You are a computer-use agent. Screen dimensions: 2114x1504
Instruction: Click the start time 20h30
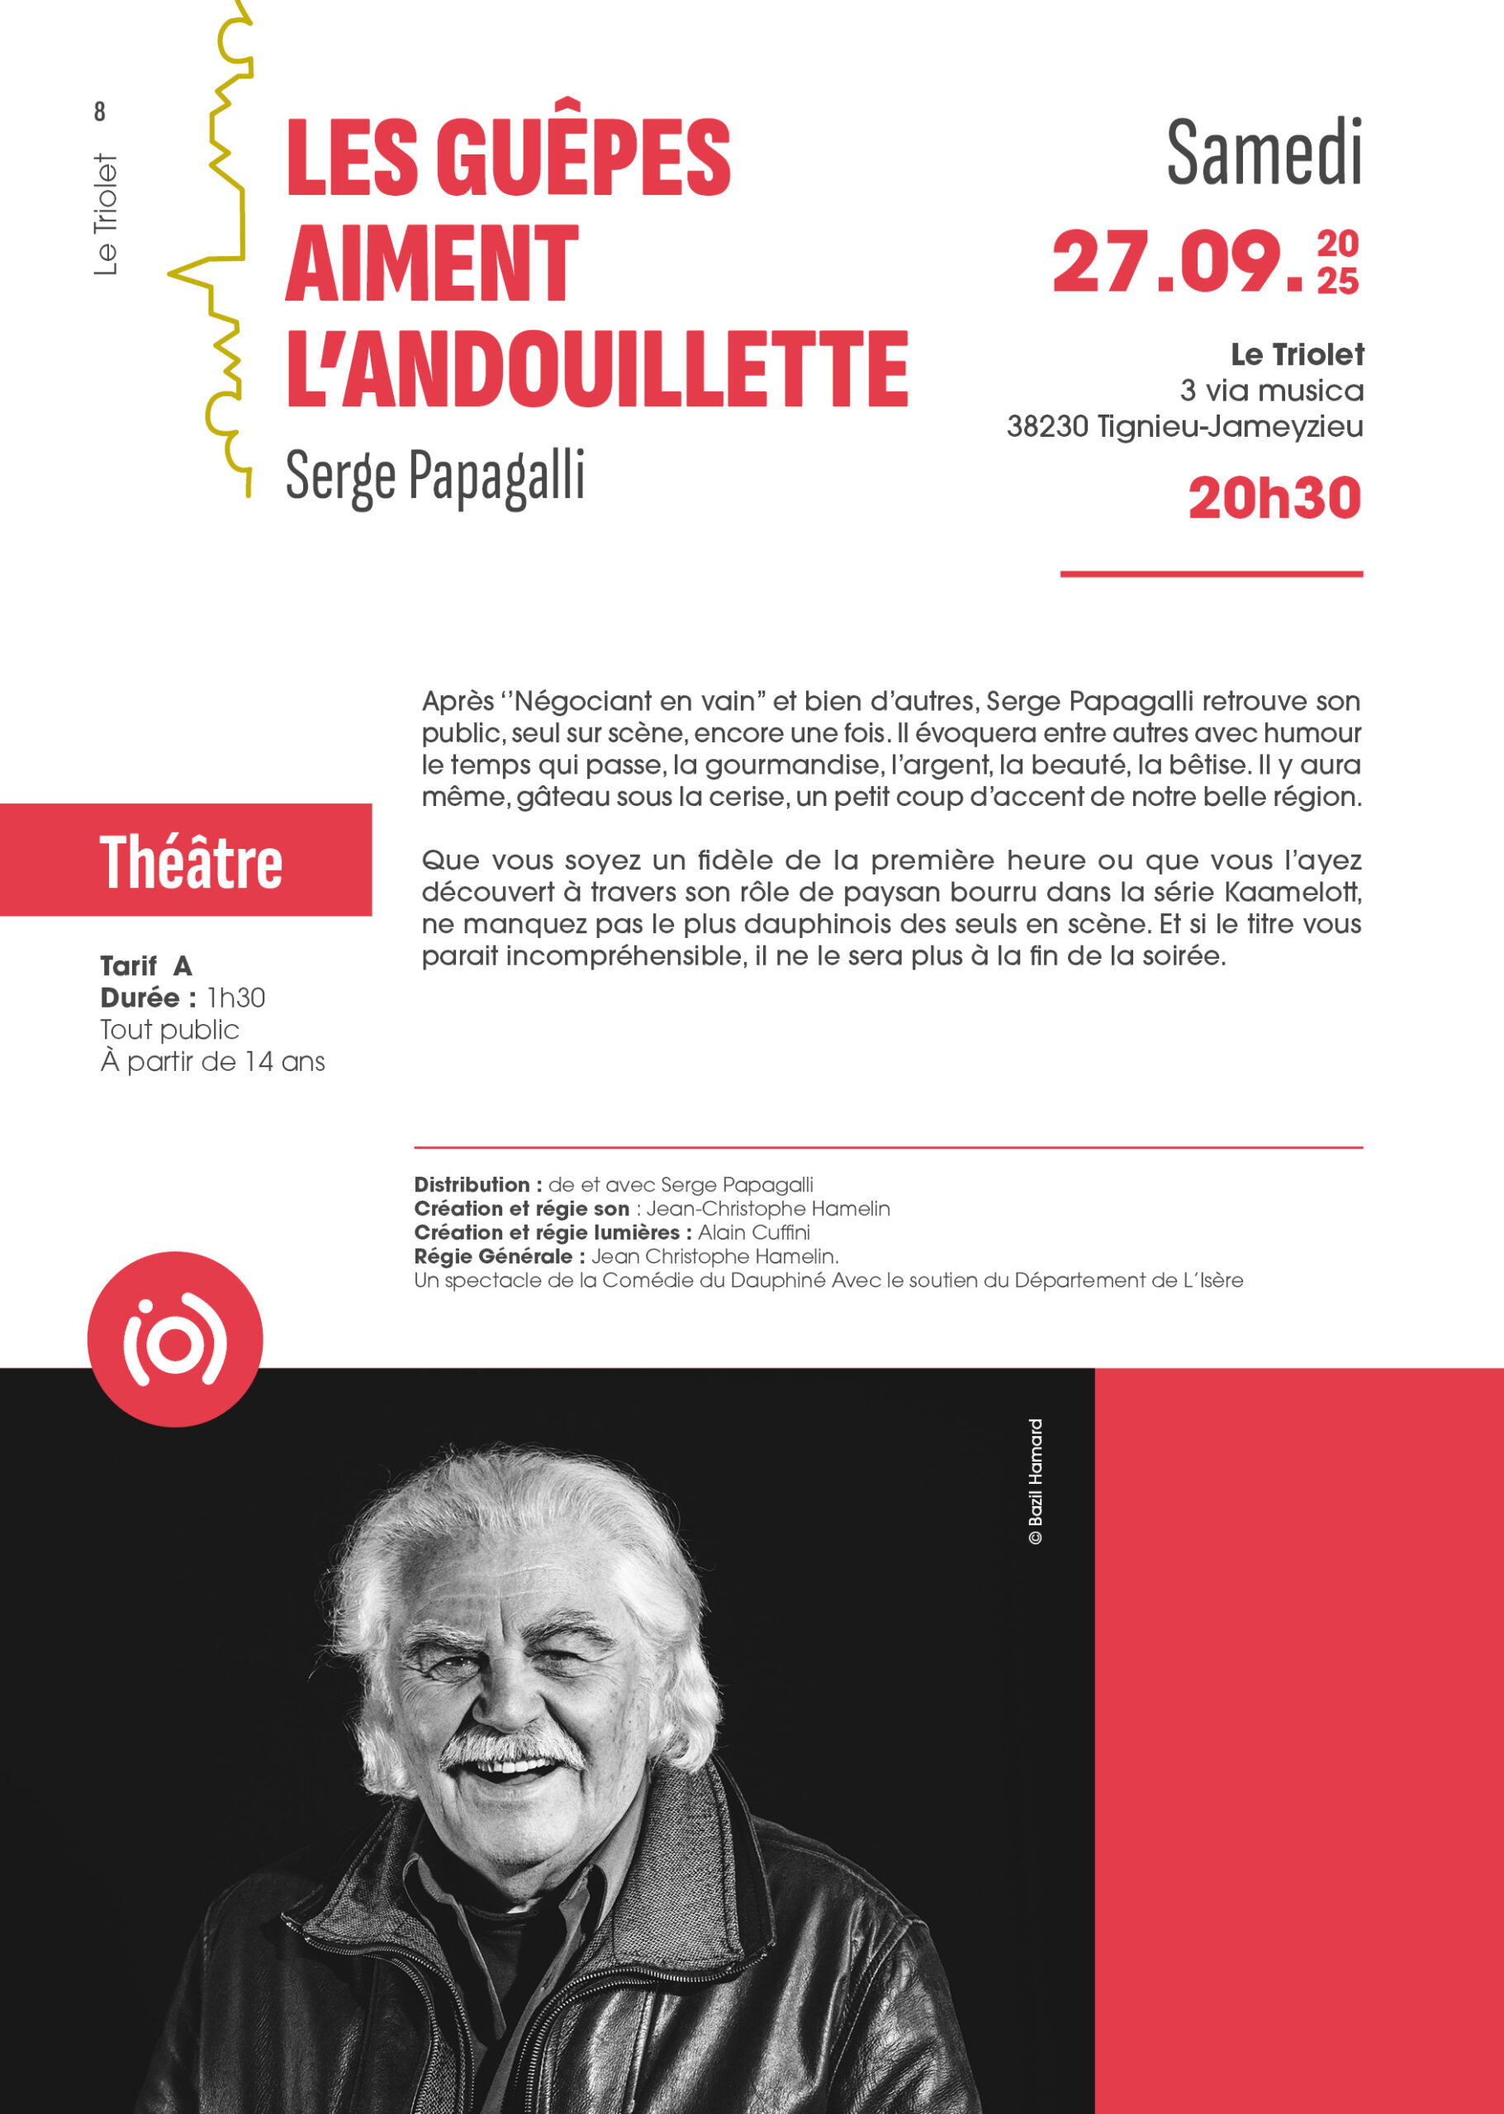tap(1274, 498)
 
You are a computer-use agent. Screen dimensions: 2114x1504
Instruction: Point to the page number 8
tap(100, 112)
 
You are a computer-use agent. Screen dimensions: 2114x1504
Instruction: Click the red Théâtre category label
tap(190, 862)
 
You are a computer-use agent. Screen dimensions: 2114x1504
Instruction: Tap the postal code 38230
tap(1046, 427)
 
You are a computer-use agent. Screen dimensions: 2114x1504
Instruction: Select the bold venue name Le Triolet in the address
tap(1297, 353)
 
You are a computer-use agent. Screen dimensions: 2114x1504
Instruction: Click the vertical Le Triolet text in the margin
tap(107, 215)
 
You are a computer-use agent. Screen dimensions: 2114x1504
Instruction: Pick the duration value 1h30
tap(236, 998)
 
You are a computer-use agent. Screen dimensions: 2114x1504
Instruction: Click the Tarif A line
tap(146, 966)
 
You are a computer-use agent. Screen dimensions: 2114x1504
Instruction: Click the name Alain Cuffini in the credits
tap(754, 1232)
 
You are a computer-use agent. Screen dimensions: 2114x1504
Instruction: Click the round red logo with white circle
tap(175, 1339)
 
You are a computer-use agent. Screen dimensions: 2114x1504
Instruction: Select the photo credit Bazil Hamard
tap(1036, 1481)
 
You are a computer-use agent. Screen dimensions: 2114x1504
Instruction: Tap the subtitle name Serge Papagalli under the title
tap(435, 476)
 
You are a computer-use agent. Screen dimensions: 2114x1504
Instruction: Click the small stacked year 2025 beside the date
tap(1337, 263)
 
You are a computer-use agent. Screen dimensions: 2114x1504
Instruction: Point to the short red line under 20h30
tap(1211, 574)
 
